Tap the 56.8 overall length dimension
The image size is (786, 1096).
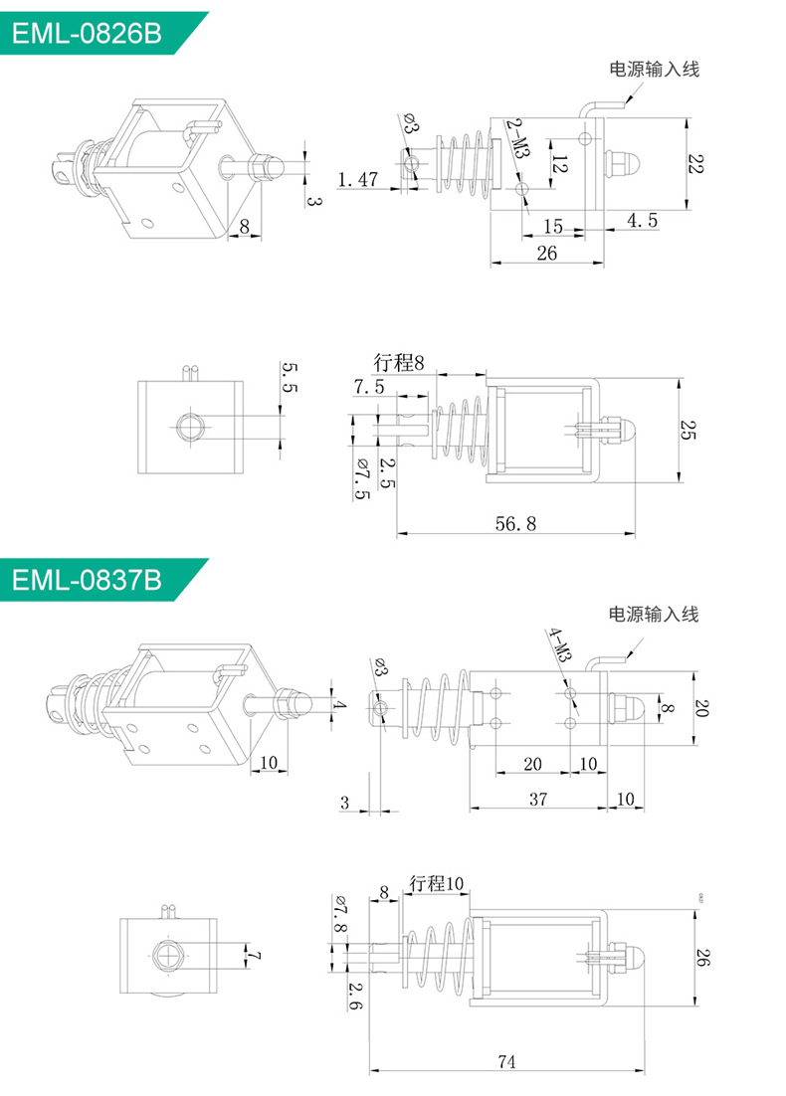coord(514,523)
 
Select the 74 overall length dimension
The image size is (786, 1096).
coord(506,1062)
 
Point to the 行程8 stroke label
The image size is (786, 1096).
coord(399,363)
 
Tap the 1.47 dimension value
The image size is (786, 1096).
coord(358,180)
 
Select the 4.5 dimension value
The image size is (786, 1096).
coord(641,221)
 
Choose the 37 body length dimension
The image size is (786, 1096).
coord(537,800)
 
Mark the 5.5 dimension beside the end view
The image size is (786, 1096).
coord(289,379)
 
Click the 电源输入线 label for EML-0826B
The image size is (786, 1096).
coord(655,70)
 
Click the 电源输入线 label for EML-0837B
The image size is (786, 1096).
coord(654,614)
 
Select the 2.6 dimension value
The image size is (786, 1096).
coord(355,996)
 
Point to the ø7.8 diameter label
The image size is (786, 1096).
coord(339,916)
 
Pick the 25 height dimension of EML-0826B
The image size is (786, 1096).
coord(688,430)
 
